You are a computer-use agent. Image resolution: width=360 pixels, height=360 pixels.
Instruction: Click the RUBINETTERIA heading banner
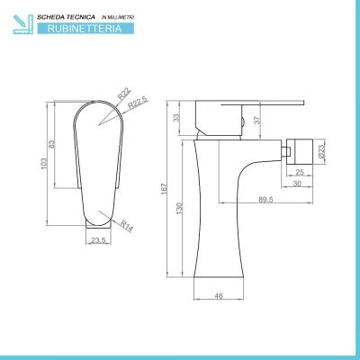tap(85, 29)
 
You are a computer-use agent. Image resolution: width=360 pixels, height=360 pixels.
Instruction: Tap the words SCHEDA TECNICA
tap(66, 17)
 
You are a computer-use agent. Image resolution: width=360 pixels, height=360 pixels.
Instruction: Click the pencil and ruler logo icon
tap(23, 24)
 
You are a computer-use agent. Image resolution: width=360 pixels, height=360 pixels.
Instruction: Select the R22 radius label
tap(124, 94)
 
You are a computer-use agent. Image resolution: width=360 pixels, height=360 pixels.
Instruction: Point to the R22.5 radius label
tap(138, 103)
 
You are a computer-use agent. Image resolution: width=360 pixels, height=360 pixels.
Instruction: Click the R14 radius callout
tap(127, 226)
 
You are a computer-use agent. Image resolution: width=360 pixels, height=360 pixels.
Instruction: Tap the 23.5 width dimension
tap(98, 240)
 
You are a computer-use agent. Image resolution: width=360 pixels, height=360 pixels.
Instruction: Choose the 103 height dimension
tap(44, 164)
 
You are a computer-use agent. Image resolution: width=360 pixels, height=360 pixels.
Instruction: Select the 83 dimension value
tap(51, 144)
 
